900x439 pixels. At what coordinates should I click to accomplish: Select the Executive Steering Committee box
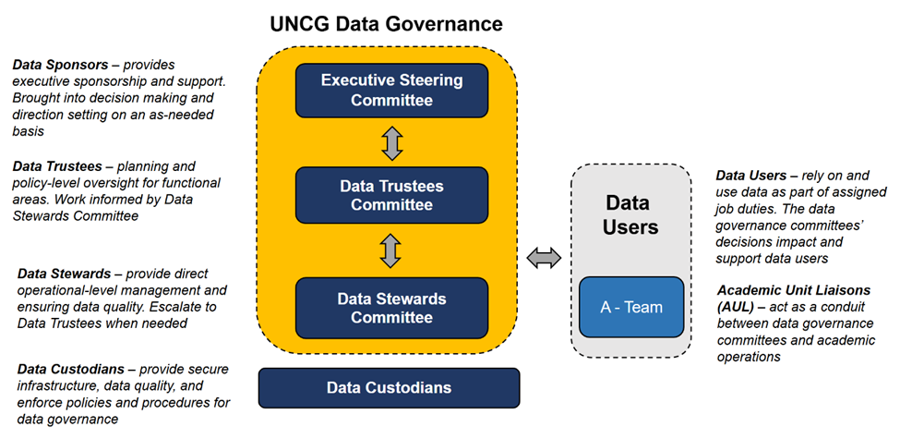(x=391, y=91)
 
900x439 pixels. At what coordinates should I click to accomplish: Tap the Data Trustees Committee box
(x=391, y=195)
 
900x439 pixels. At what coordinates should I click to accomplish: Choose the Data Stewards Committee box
(x=391, y=308)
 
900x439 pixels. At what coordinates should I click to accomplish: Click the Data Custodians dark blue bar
(x=389, y=387)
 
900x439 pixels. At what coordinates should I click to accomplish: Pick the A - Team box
(x=631, y=307)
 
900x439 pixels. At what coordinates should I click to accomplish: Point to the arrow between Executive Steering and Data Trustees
(x=392, y=142)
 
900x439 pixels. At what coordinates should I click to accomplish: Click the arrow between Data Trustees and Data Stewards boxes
(x=392, y=250)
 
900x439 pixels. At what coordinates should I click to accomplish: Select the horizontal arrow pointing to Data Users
(x=543, y=259)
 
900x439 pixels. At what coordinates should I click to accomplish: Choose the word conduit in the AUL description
(x=843, y=307)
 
